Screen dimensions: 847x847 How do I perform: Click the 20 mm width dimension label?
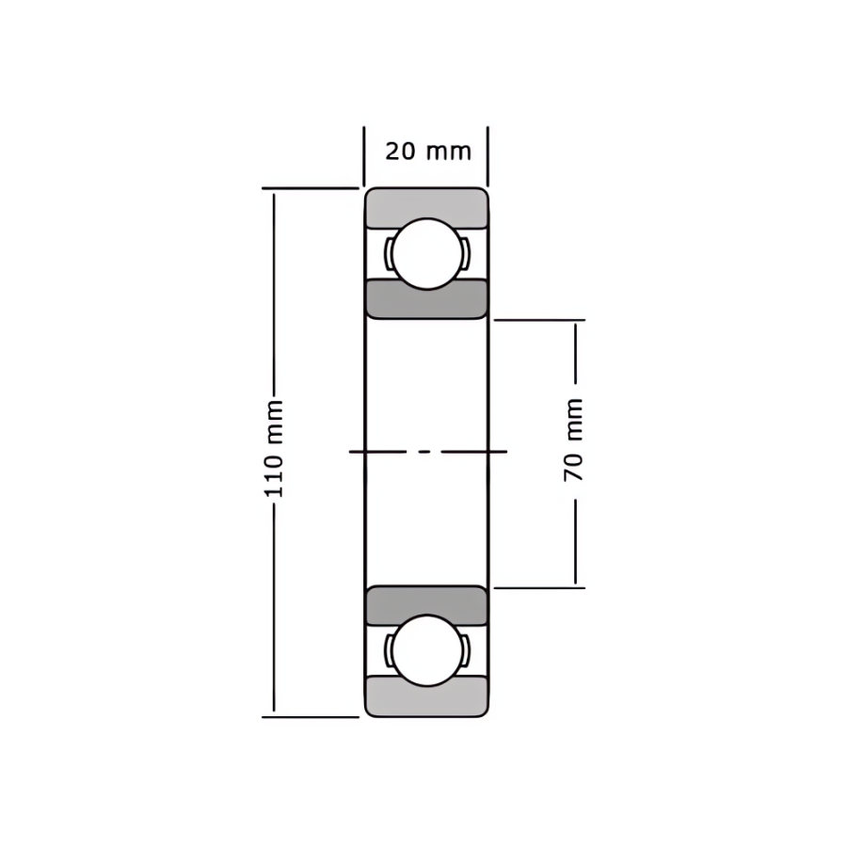click(428, 152)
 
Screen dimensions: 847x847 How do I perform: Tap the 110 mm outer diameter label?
click(274, 448)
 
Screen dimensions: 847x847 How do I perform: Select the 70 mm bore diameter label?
click(573, 439)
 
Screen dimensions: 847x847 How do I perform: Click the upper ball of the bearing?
click(427, 253)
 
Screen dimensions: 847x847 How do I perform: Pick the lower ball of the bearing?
click(427, 650)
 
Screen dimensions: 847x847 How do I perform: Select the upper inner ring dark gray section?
click(426, 300)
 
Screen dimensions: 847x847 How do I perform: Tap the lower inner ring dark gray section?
click(426, 604)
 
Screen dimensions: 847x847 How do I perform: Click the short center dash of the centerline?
click(425, 451)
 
